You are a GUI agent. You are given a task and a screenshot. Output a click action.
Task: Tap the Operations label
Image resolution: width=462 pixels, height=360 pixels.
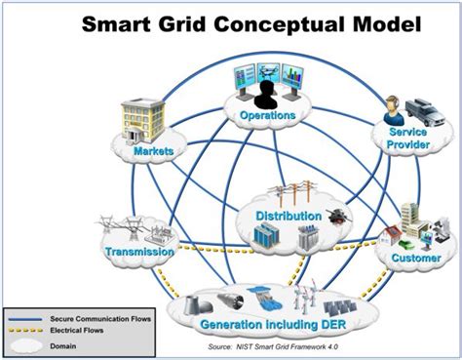(269, 115)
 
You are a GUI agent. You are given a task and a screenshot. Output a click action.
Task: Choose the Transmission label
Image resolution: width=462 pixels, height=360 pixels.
(138, 252)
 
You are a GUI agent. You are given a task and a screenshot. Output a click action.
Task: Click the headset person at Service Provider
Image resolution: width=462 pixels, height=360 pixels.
(393, 108)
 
